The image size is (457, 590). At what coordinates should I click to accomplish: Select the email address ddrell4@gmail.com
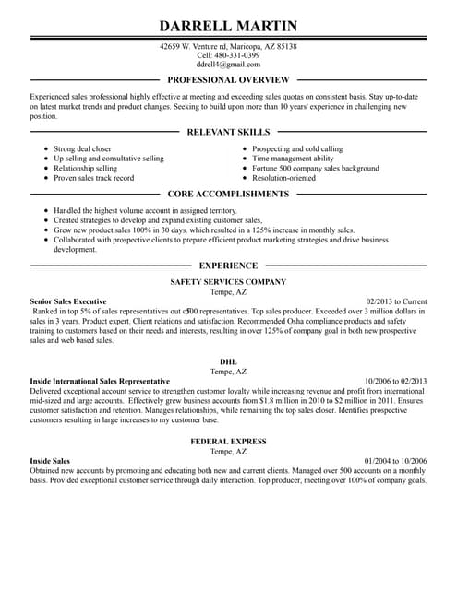(228, 65)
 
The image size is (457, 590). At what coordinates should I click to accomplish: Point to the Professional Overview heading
(228, 80)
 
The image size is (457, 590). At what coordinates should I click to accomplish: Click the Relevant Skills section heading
(228, 132)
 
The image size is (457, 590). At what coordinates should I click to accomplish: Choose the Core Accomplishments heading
(228, 195)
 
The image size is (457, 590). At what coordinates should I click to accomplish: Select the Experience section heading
(228, 265)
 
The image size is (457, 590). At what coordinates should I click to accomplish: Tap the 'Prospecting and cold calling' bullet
(297, 148)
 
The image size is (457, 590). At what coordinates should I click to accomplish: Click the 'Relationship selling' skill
(85, 169)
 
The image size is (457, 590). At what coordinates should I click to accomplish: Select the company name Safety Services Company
(228, 281)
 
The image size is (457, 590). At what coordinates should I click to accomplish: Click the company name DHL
(228, 361)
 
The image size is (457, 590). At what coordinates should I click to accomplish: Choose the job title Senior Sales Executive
(68, 301)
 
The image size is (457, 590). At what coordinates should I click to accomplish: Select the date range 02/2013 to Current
(396, 301)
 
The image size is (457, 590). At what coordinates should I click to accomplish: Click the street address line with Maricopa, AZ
(228, 45)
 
